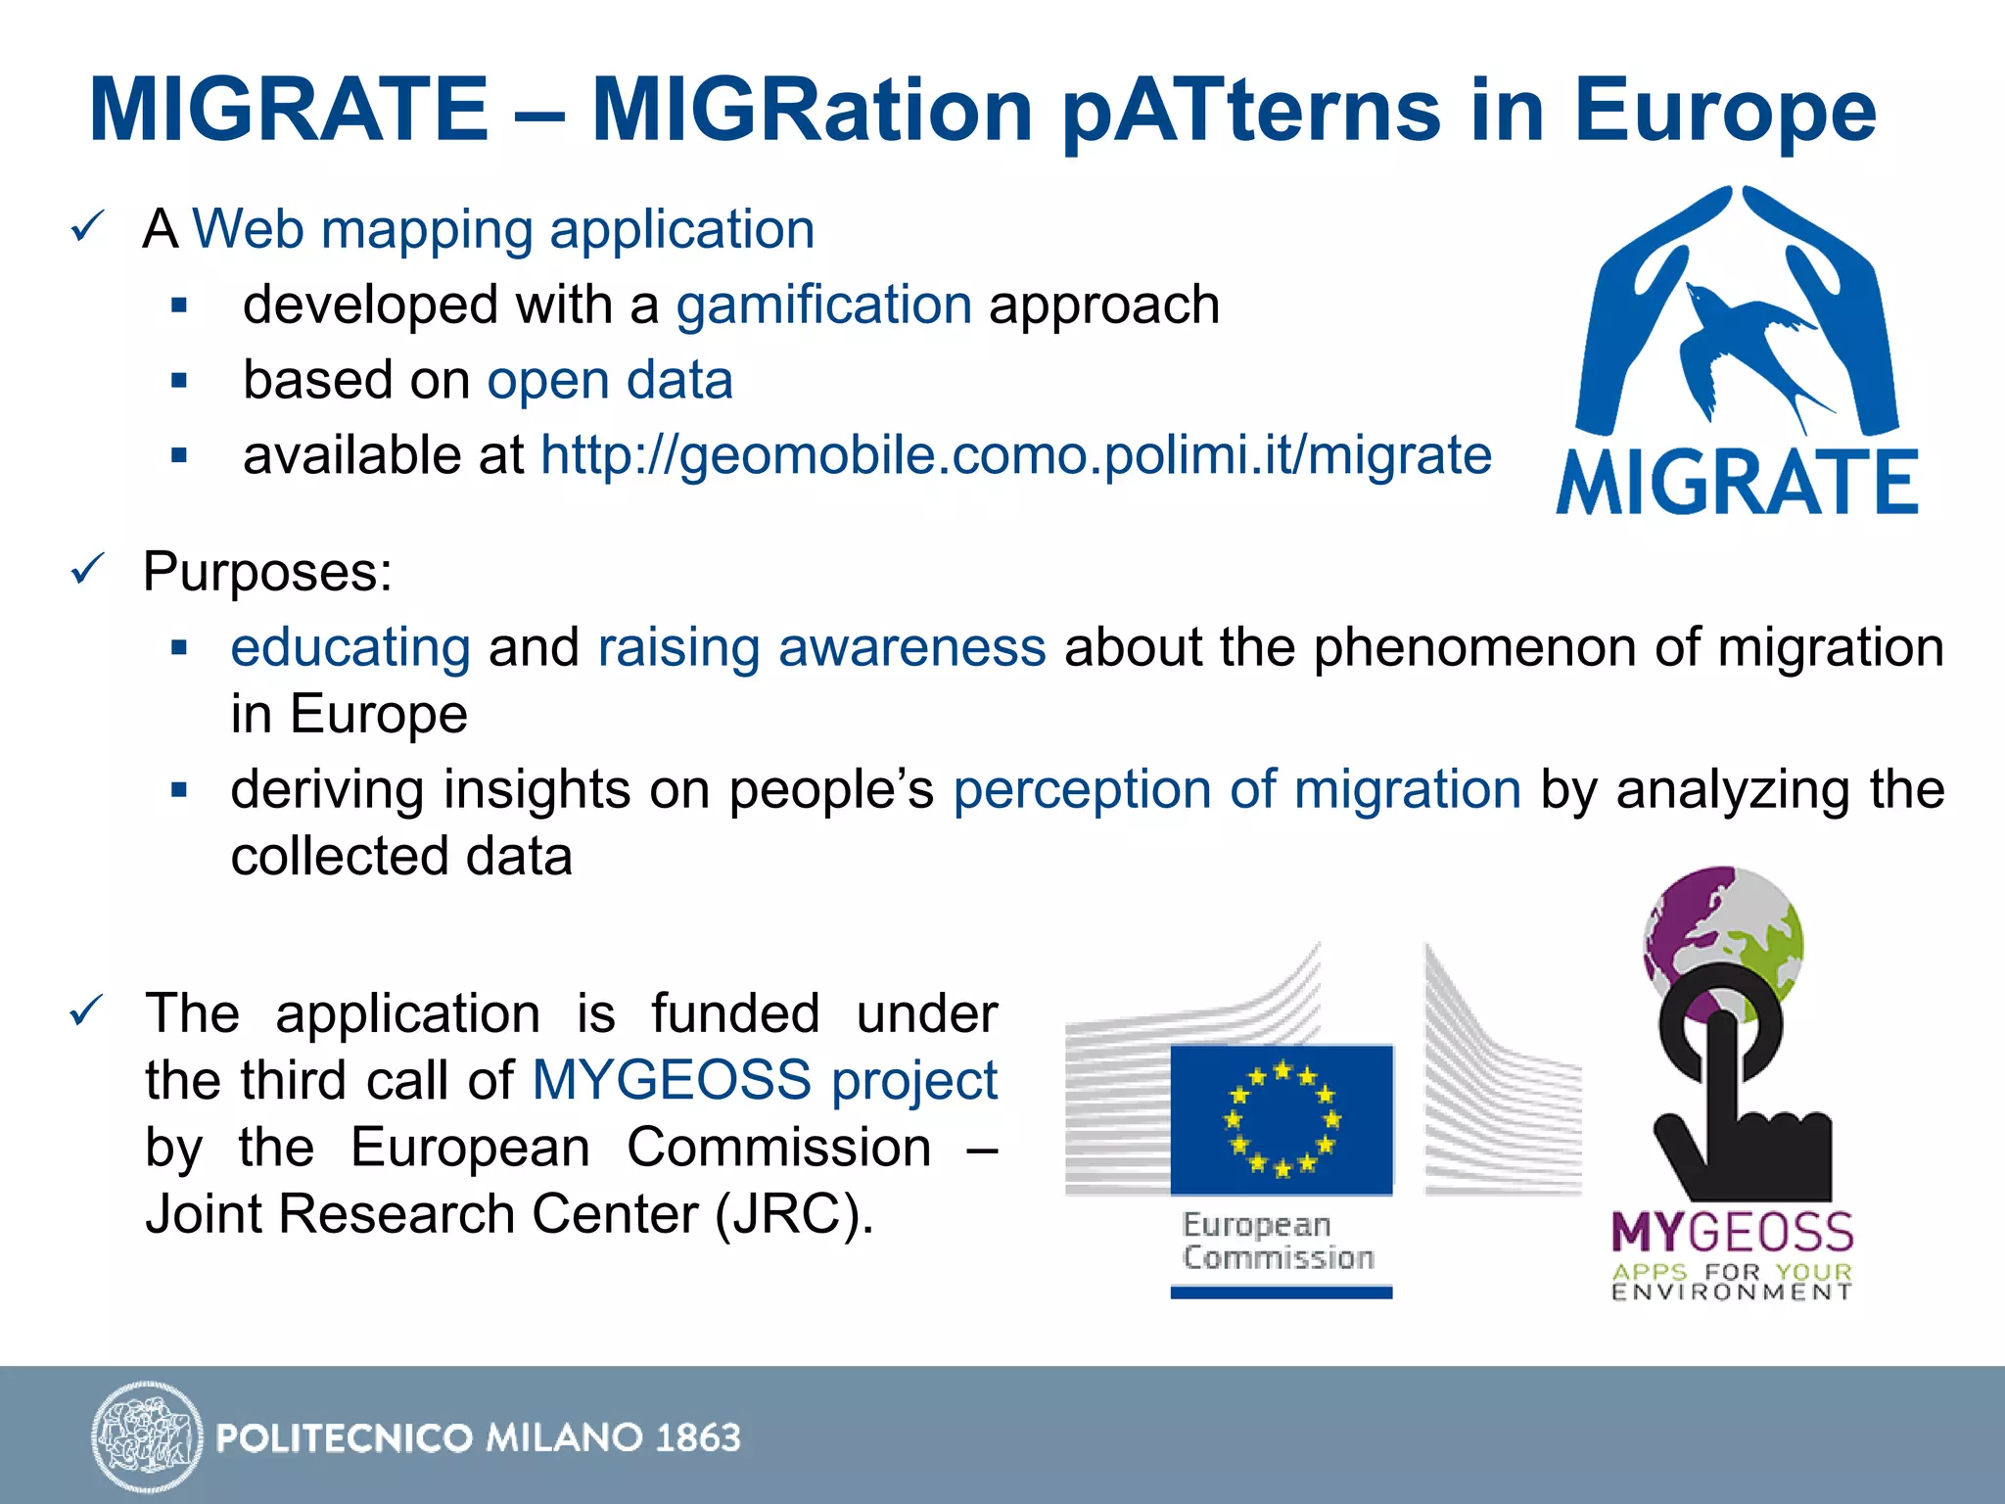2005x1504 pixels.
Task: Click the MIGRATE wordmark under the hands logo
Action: point(1737,482)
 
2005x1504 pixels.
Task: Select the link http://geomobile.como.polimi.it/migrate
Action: point(1015,455)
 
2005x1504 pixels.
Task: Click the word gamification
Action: point(823,305)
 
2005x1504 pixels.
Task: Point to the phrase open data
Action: point(610,380)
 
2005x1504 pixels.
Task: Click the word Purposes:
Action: point(267,571)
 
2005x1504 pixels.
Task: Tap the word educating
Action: point(350,647)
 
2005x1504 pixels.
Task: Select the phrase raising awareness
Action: point(821,647)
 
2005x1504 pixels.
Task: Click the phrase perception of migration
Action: point(1237,789)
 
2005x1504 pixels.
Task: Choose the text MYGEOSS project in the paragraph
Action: point(765,1080)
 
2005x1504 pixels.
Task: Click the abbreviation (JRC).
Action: point(794,1214)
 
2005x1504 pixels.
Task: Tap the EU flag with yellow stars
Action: point(1282,1119)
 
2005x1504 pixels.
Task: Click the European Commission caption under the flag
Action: point(1277,1242)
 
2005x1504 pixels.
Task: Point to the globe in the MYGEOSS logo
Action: point(1723,930)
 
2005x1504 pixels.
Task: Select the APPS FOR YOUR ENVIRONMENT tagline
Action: point(1732,1282)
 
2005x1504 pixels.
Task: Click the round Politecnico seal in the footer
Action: point(147,1436)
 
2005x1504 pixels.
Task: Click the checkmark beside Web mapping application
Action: point(87,228)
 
